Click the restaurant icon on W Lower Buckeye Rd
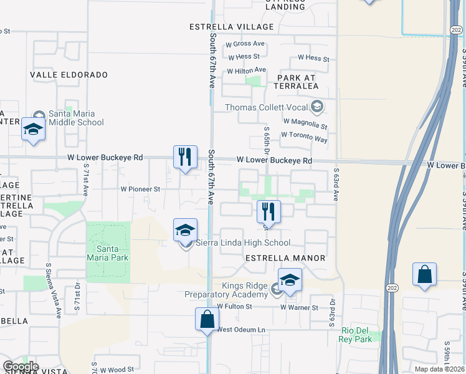point(184,157)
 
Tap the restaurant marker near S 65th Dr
point(269,212)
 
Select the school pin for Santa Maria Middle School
point(32,130)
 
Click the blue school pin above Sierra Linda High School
point(185,231)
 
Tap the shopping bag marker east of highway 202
point(424,275)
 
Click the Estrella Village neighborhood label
point(232,27)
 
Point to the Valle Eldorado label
point(69,75)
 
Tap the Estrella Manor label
point(285,257)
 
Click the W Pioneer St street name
point(140,188)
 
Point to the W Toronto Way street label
point(304,137)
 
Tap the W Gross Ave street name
point(245,44)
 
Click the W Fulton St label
point(234,307)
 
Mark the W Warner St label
point(299,307)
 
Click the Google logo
point(21,367)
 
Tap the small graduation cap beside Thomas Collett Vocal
point(317,107)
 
